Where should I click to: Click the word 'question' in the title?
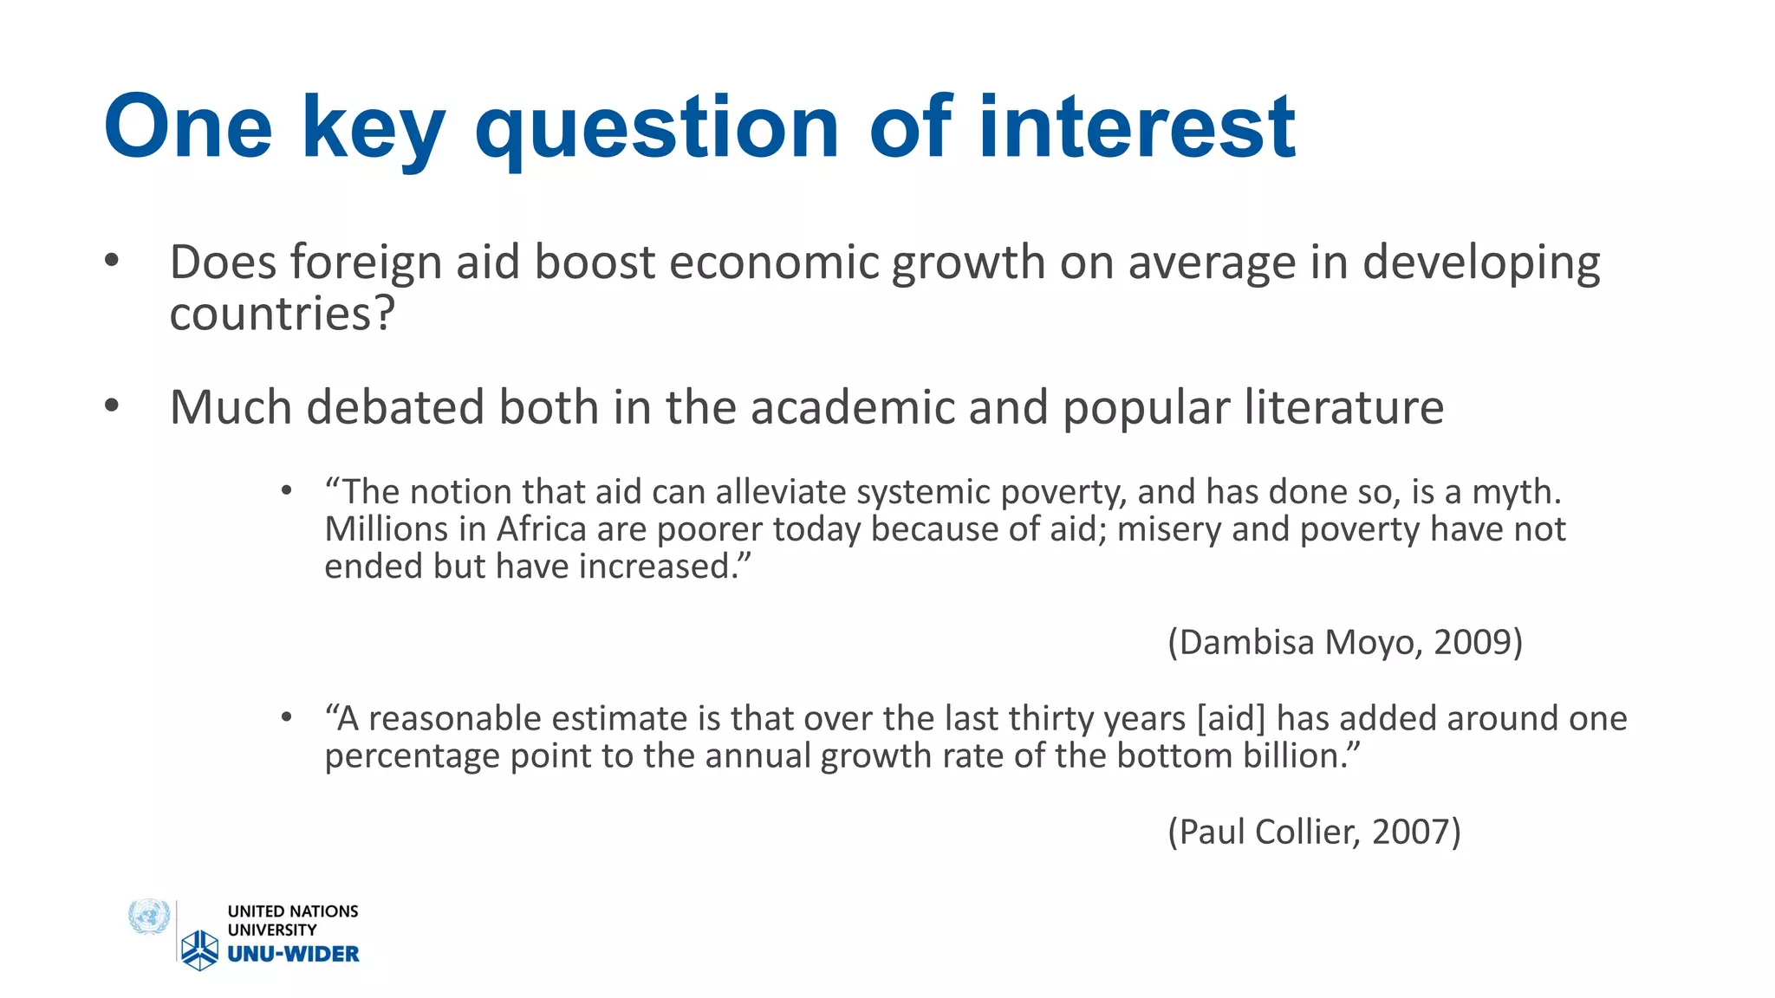pyautogui.click(x=657, y=128)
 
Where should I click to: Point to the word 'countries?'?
pyautogui.click(x=282, y=314)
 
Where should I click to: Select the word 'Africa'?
pyautogui.click(x=541, y=529)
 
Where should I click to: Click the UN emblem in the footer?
pyautogui.click(x=149, y=917)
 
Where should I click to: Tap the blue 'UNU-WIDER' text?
pyautogui.click(x=293, y=954)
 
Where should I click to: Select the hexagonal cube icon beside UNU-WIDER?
pyautogui.click(x=200, y=949)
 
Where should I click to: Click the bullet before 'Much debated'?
pyautogui.click(x=111, y=405)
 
